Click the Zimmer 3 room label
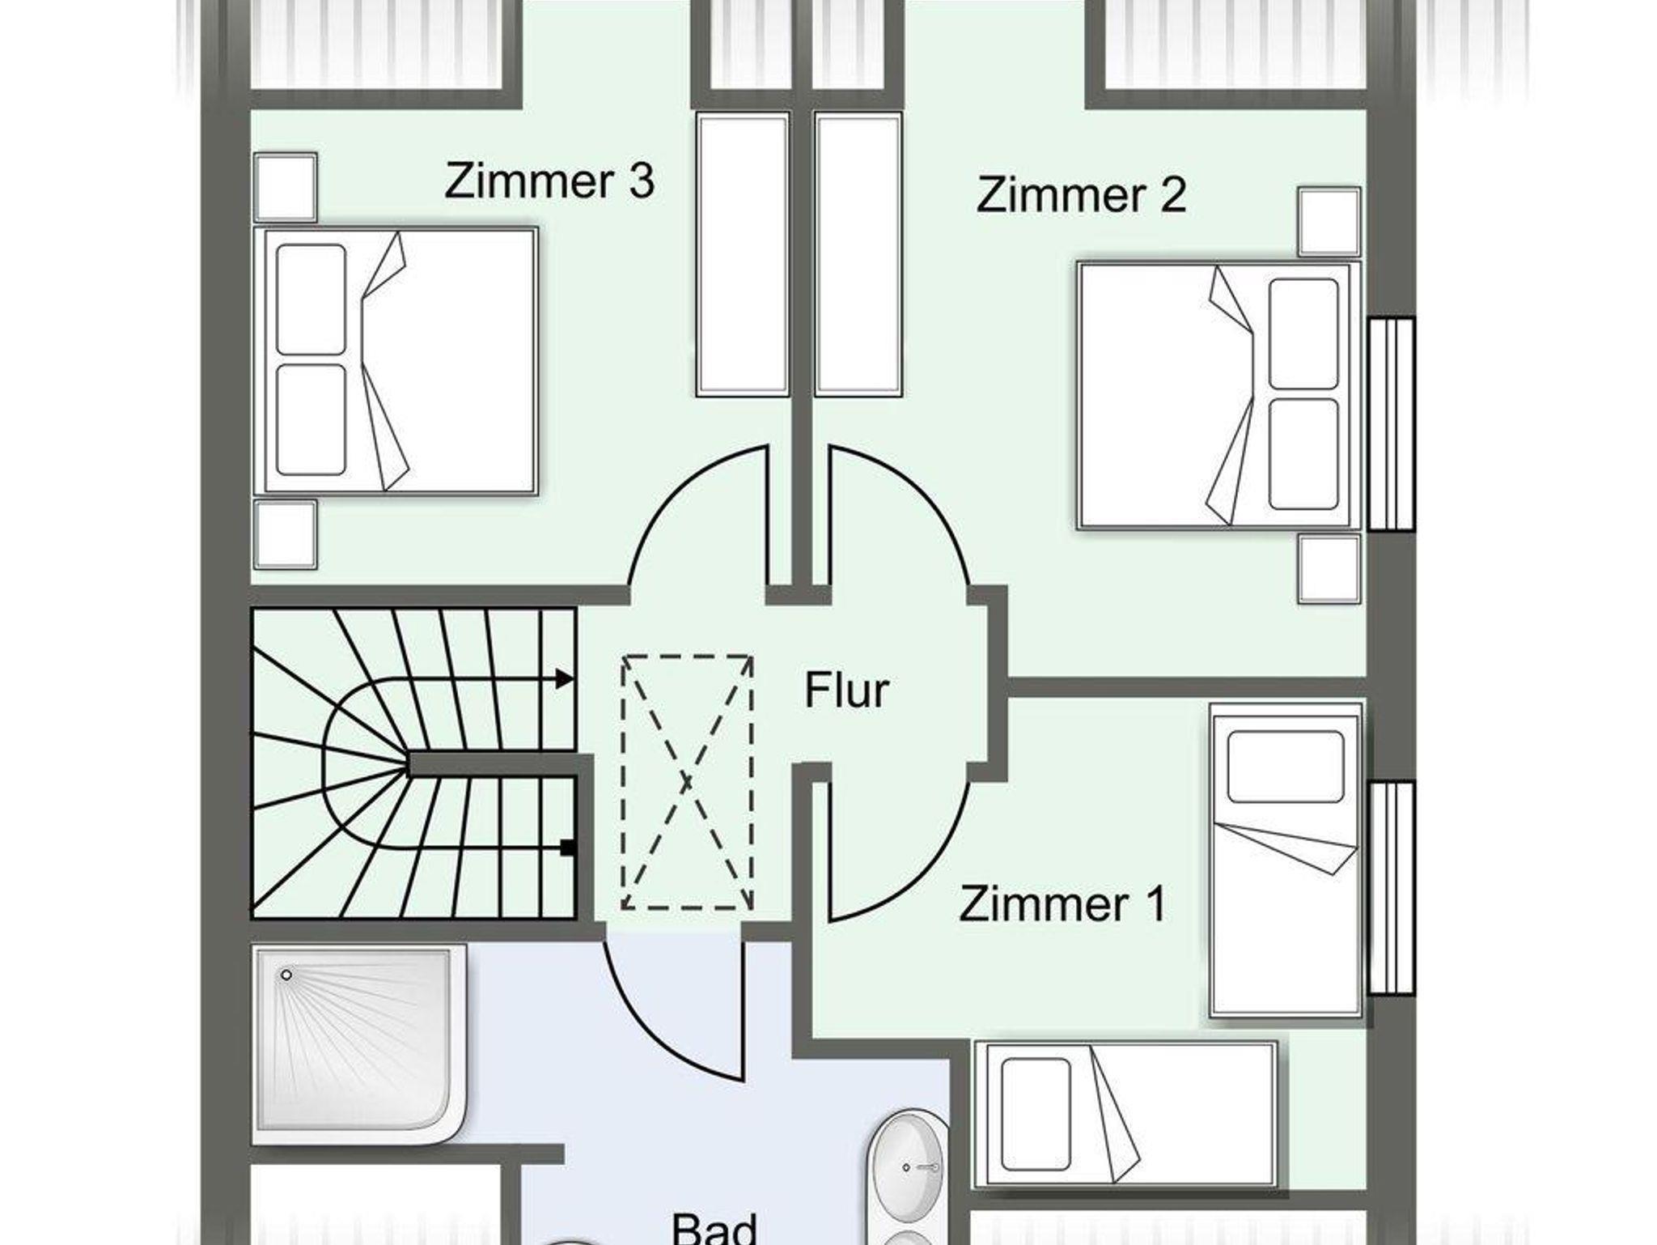coord(549,181)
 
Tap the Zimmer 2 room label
coord(1082,194)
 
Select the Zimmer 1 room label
coord(1062,903)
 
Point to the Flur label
coord(846,690)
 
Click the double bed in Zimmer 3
coord(396,361)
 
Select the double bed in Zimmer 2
coord(1218,395)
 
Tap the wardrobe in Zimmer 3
coord(743,255)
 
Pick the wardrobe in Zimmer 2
coord(858,255)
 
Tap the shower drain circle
coord(286,975)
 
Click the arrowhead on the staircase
coord(565,679)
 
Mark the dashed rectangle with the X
coord(687,783)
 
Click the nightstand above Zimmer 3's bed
coord(285,187)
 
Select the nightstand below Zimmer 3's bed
coord(285,534)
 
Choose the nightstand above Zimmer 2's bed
coord(1329,222)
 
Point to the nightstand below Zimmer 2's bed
coord(1329,568)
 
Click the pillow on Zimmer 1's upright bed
coord(1286,767)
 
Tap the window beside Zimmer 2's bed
coord(1392,424)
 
